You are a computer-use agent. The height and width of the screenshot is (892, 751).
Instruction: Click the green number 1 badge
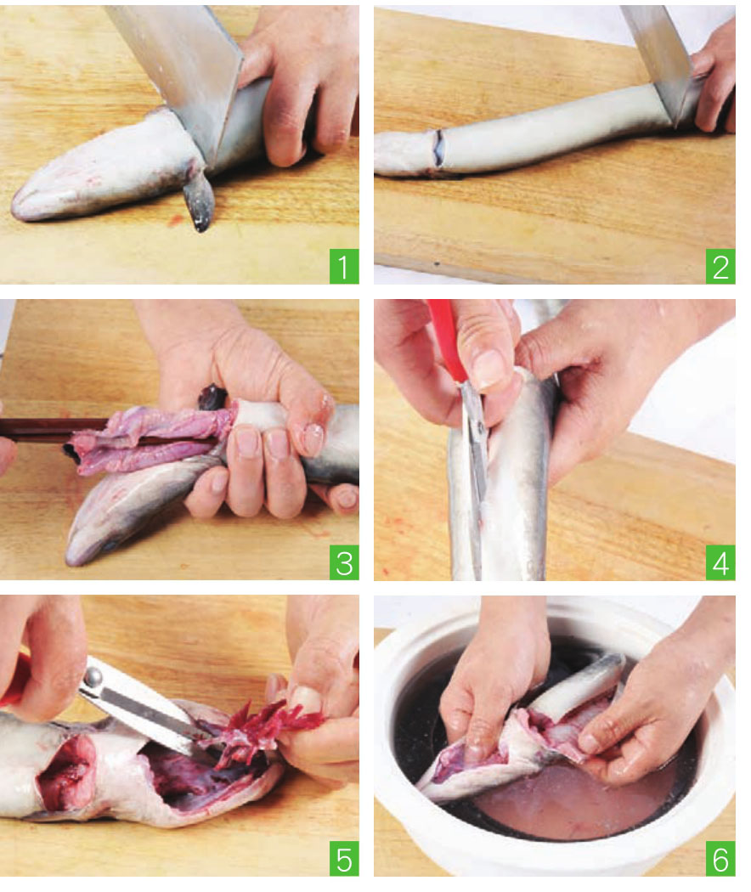tap(343, 266)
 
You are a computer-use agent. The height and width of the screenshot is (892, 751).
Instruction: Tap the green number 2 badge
tap(720, 266)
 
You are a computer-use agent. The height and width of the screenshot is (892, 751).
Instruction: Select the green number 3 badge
tap(343, 562)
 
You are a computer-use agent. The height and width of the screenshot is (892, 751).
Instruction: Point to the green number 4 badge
tap(720, 562)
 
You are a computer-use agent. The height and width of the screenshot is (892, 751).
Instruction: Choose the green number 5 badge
tap(343, 858)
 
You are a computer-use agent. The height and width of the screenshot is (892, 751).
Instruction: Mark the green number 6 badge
tap(720, 858)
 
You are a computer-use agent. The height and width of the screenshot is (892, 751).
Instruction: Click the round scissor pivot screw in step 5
tap(91, 677)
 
